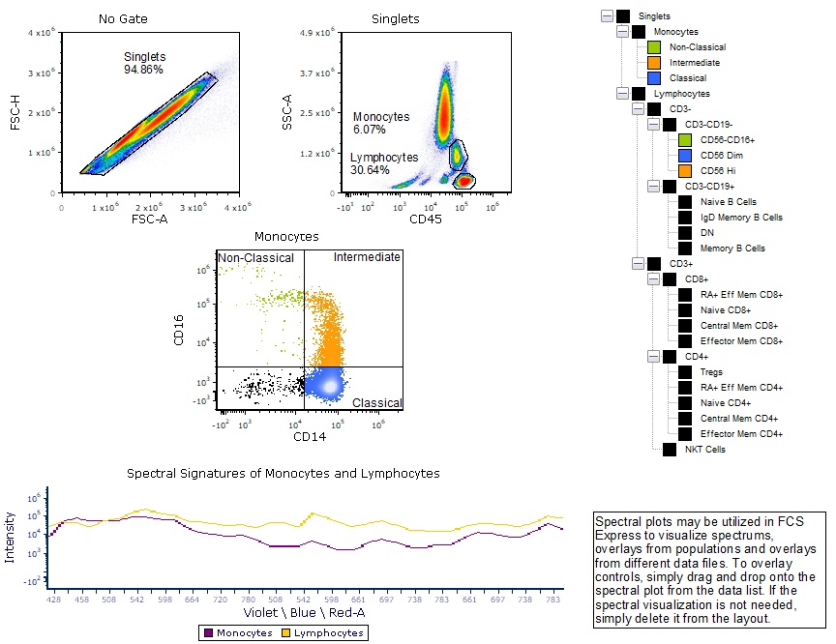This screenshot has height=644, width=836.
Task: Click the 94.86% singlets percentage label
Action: tap(143, 70)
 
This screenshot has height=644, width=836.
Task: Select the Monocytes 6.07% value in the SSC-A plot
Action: tap(370, 129)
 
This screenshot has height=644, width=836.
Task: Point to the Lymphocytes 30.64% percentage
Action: tap(370, 169)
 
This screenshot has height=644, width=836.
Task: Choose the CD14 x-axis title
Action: tap(310, 437)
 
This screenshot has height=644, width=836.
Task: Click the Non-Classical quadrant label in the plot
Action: tap(255, 258)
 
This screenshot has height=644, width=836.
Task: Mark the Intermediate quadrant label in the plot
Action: tap(367, 257)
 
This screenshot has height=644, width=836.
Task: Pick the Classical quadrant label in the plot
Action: tap(377, 403)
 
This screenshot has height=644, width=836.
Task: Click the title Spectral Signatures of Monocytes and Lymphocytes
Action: tap(283, 474)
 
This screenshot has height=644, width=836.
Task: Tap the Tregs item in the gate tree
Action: tap(712, 371)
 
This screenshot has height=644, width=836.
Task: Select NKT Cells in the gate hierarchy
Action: tap(705, 449)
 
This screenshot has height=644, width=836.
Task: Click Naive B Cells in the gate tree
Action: tap(729, 201)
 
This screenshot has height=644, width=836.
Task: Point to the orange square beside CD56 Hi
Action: tap(685, 170)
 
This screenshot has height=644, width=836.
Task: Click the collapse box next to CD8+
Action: tap(652, 278)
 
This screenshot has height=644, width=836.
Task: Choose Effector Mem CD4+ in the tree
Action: tap(740, 433)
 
